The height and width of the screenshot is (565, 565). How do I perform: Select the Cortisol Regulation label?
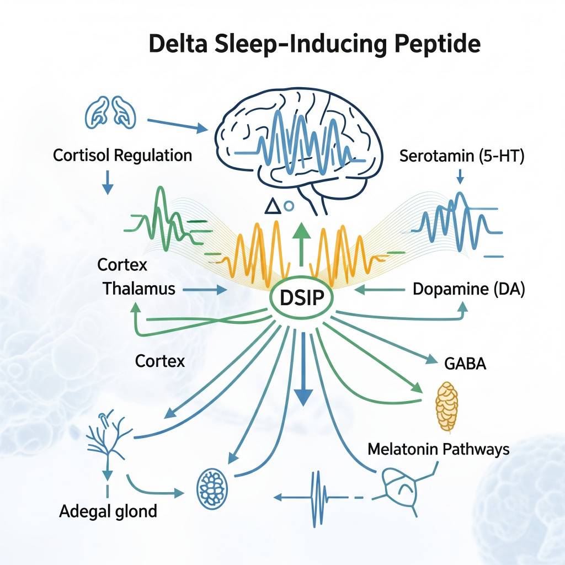[122, 155]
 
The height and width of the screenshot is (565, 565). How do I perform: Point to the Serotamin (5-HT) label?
[461, 156]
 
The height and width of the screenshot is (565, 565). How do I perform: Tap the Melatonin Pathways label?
[438, 449]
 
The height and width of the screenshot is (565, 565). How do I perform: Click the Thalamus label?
[139, 288]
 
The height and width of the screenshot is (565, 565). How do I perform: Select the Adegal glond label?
[108, 511]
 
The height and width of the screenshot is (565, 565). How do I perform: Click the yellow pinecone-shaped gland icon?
[447, 406]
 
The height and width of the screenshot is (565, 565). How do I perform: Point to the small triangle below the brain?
[271, 207]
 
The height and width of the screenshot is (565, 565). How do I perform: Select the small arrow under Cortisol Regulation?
[108, 184]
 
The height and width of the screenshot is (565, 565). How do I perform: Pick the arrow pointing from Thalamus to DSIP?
[207, 289]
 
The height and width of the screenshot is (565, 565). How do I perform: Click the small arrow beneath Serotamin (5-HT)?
[460, 177]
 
